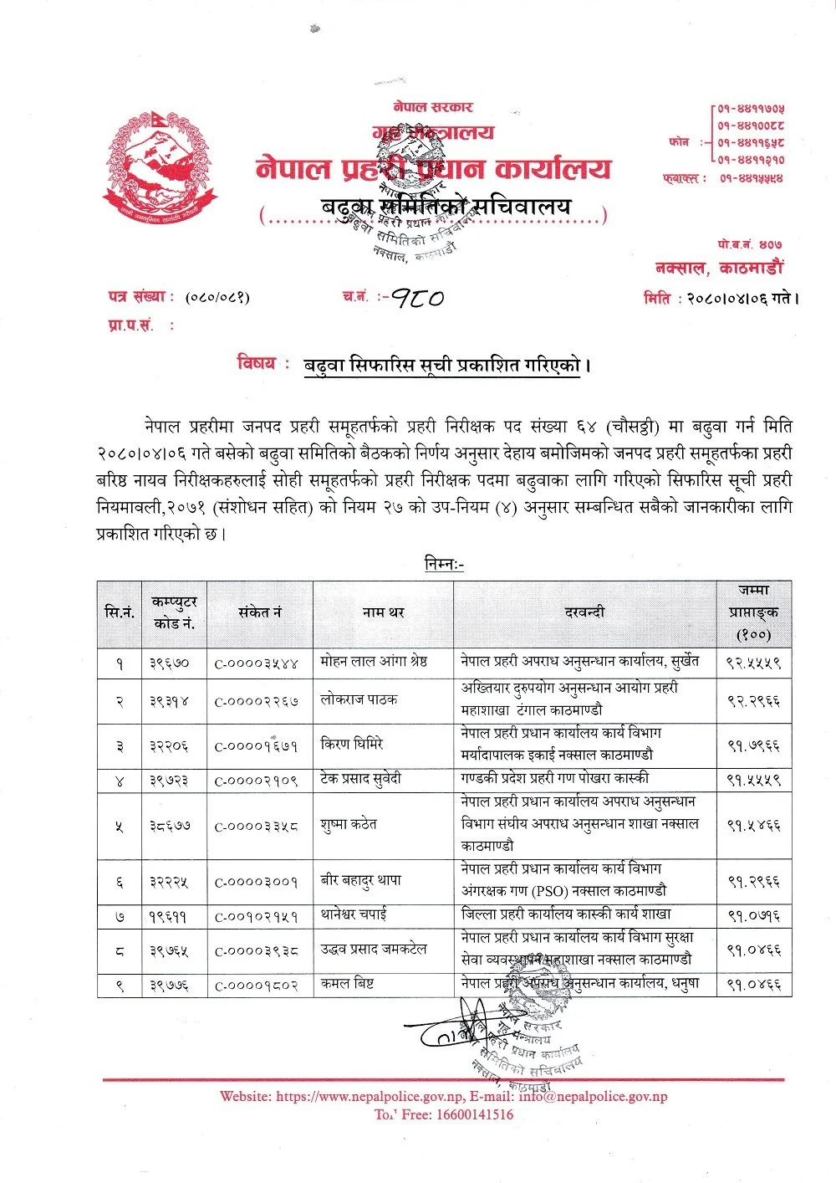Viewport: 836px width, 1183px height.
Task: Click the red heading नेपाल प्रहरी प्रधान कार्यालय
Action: coord(433,170)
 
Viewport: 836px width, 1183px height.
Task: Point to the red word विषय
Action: coord(256,364)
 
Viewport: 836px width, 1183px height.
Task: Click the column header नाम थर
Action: coord(383,612)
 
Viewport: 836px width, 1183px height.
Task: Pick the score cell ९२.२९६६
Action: coord(753,701)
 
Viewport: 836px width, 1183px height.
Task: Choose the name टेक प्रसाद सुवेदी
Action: coord(361,779)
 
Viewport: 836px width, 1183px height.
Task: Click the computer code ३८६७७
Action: coord(170,826)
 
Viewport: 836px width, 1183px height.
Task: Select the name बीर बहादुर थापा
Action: coord(361,880)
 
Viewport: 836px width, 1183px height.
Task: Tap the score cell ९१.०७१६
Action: coord(753,915)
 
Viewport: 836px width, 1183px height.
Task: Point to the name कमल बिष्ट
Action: coord(347,985)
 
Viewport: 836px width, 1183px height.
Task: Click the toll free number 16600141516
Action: coord(475,1114)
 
